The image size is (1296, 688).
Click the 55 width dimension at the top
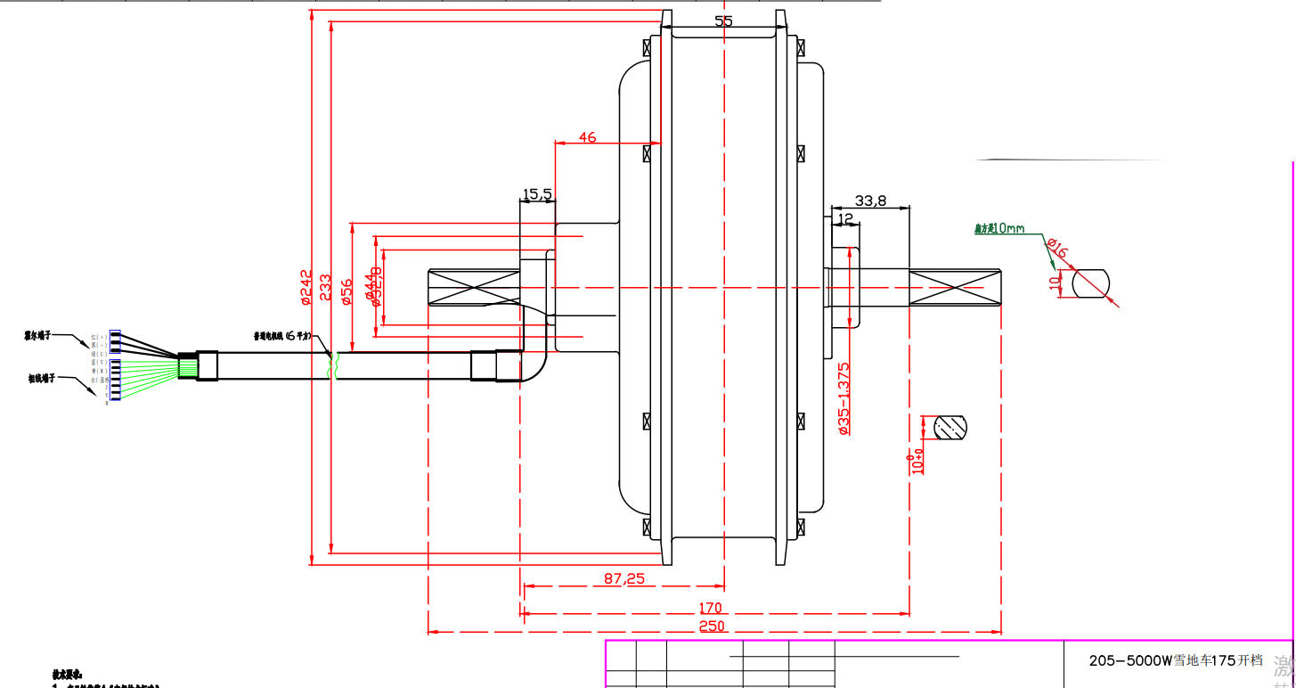pyautogui.click(x=723, y=21)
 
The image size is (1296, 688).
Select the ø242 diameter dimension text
pyautogui.click(x=306, y=287)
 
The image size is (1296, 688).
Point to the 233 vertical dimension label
pyautogui.click(x=325, y=290)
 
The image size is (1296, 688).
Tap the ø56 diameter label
pyautogui.click(x=346, y=291)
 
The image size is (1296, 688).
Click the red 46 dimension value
pyautogui.click(x=587, y=137)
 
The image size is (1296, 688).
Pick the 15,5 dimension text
pyautogui.click(x=537, y=193)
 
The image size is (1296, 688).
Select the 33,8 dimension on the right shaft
pyautogui.click(x=870, y=201)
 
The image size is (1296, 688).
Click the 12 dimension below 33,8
pyautogui.click(x=845, y=218)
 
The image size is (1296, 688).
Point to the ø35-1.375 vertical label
pyautogui.click(x=844, y=397)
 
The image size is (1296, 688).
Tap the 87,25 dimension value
pyautogui.click(x=624, y=578)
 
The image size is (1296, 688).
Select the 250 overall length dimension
pyautogui.click(x=712, y=626)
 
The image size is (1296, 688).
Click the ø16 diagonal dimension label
pyautogui.click(x=1057, y=249)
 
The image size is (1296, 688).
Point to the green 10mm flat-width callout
pyautogui.click(x=999, y=229)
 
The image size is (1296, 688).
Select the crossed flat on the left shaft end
pyautogui.click(x=474, y=287)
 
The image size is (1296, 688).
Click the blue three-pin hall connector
pyautogui.click(x=115, y=341)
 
